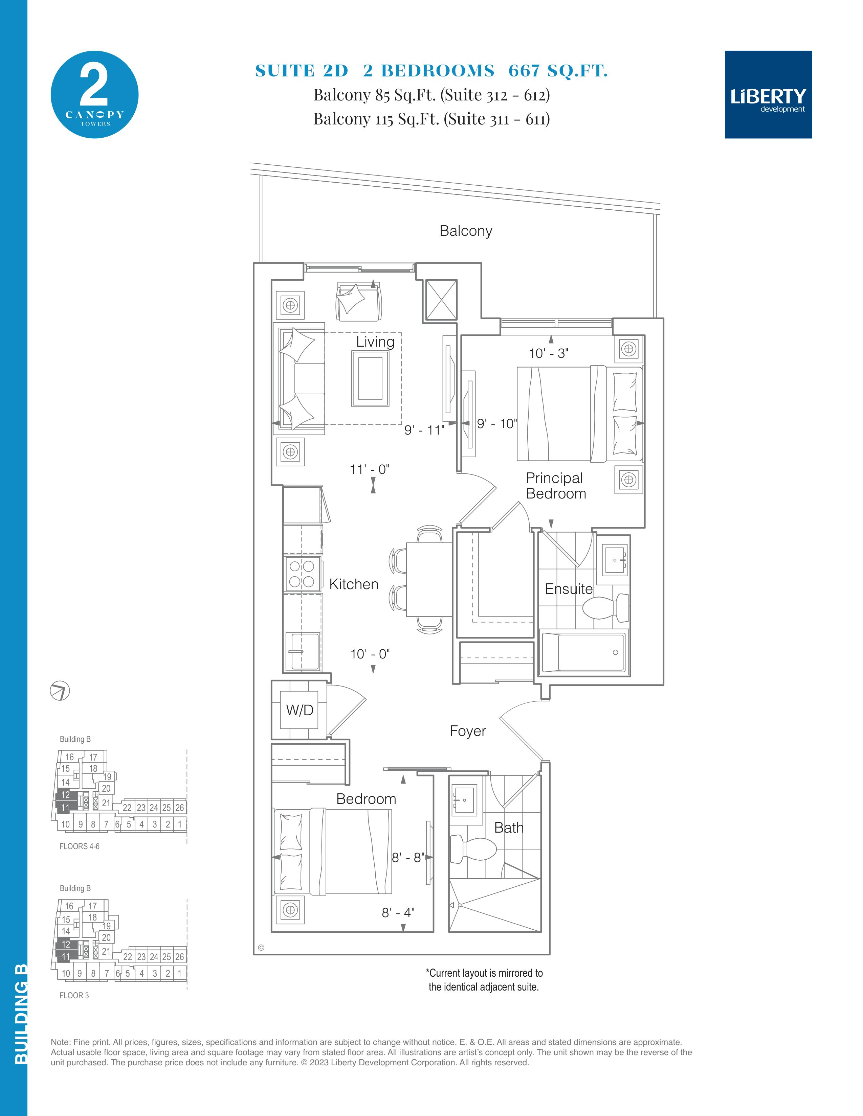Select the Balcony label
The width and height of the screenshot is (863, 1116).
click(x=466, y=231)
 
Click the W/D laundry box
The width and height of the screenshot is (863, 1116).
click(x=299, y=710)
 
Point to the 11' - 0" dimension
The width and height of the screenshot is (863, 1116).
click(x=370, y=469)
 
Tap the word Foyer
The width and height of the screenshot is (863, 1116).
click(x=468, y=731)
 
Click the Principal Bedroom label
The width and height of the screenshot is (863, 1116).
click(x=556, y=485)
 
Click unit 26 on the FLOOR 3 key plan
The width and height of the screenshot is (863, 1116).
click(x=179, y=957)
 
